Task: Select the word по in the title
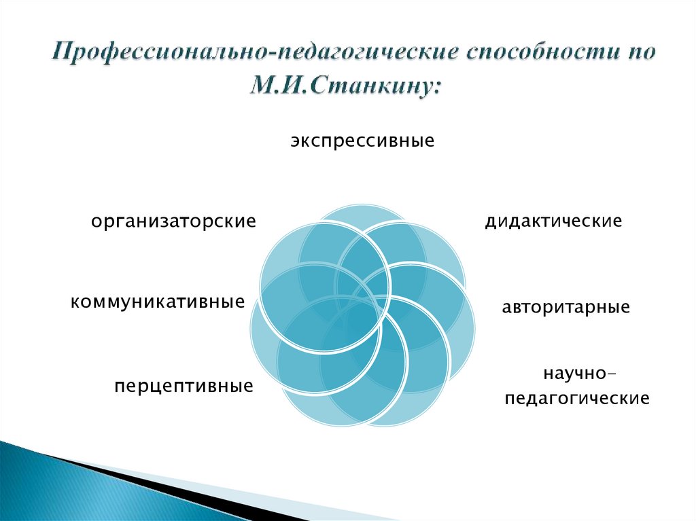(638, 54)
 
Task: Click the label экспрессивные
(362, 142)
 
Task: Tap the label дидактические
(553, 221)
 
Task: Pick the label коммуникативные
(157, 301)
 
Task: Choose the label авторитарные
(565, 307)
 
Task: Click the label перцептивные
(184, 387)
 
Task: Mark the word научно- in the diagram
(578, 374)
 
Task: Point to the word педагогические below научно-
(576, 398)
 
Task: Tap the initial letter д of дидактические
(489, 222)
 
